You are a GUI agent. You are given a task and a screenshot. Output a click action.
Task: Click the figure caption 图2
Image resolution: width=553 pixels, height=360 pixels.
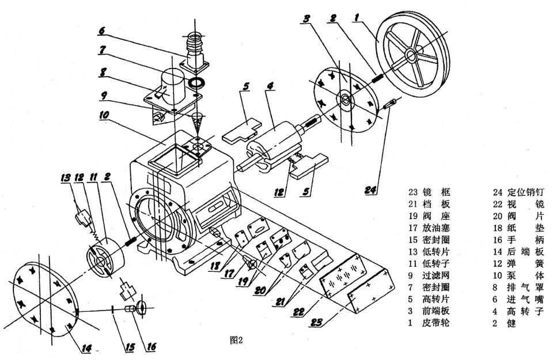[x=237, y=339]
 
